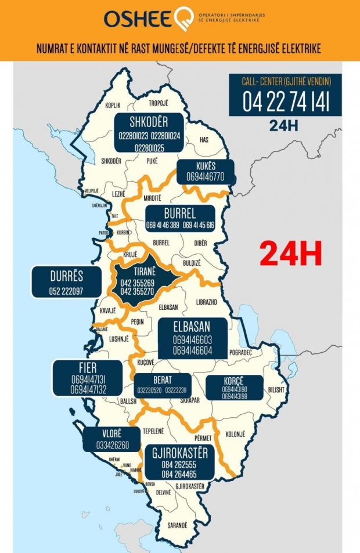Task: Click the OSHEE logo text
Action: pyautogui.click(x=139, y=19)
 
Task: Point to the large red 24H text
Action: pyautogui.click(x=290, y=254)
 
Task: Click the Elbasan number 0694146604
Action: pyautogui.click(x=192, y=351)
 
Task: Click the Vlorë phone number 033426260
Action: pyautogui.click(x=113, y=446)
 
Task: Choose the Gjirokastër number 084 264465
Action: pyautogui.click(x=180, y=474)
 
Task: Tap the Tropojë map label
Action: pyautogui.click(x=158, y=103)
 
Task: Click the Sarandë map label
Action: pyautogui.click(x=178, y=525)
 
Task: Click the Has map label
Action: pyautogui.click(x=203, y=140)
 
